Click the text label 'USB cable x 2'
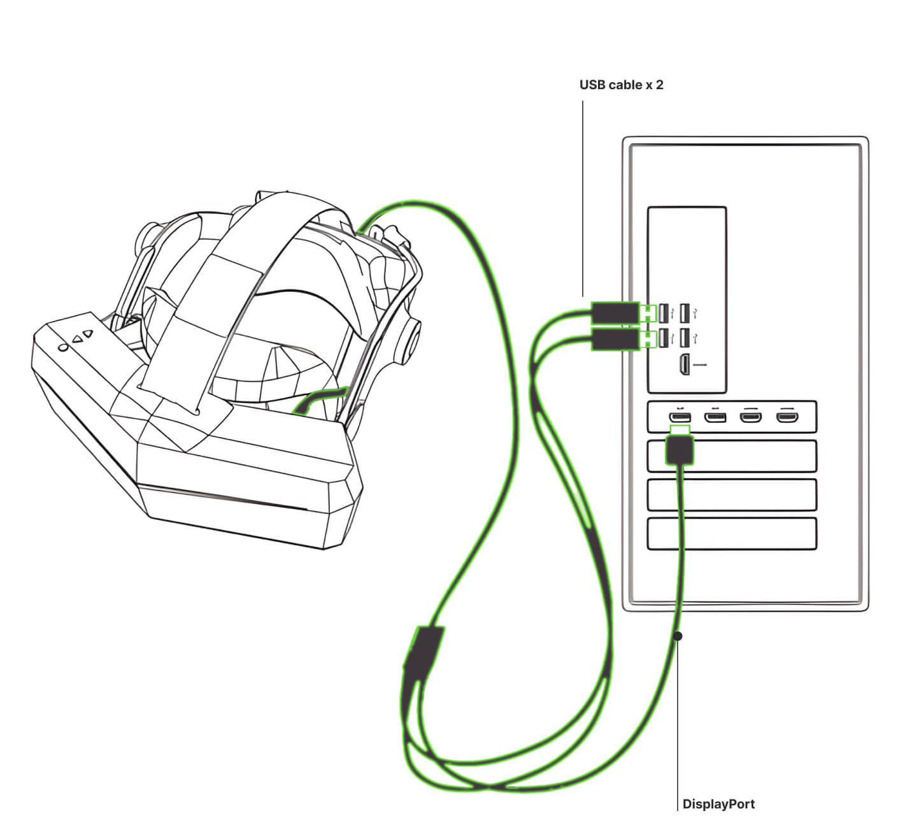(621, 85)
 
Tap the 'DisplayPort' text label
(718, 804)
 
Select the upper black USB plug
(615, 313)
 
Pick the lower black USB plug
(615, 340)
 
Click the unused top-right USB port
(685, 313)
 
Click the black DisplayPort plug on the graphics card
(679, 450)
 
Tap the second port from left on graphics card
(715, 418)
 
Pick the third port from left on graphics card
(750, 418)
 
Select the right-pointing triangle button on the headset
(89, 332)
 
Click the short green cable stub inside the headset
(319, 400)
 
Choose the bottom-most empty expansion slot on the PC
(731, 534)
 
